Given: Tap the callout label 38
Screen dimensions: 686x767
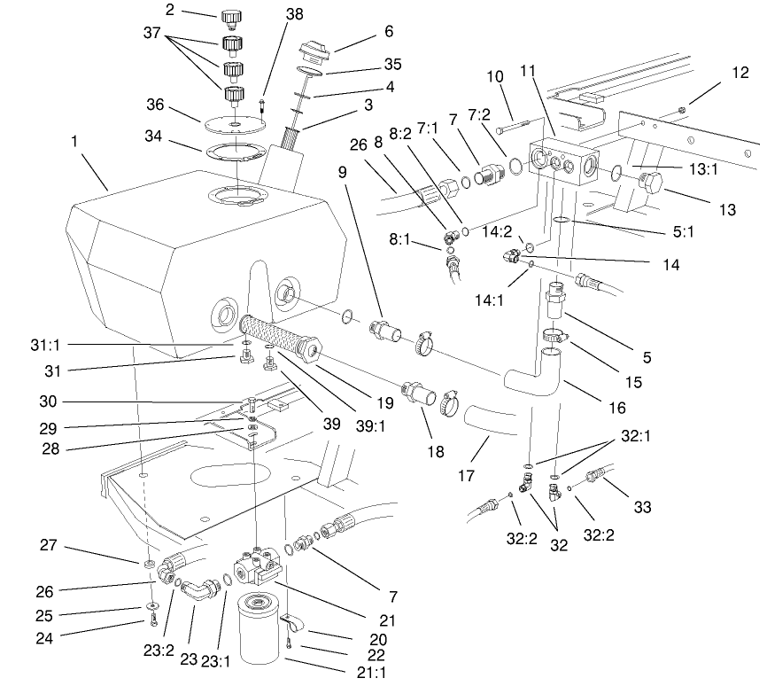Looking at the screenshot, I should pyautogui.click(x=268, y=15).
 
